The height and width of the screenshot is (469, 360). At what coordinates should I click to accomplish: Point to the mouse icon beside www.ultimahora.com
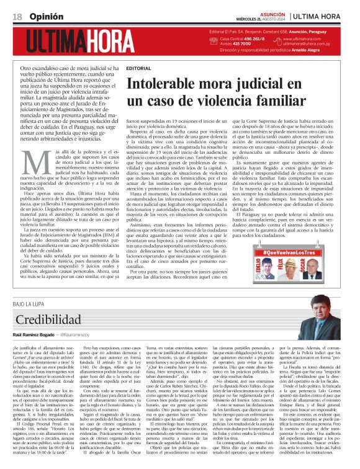(279, 41)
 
